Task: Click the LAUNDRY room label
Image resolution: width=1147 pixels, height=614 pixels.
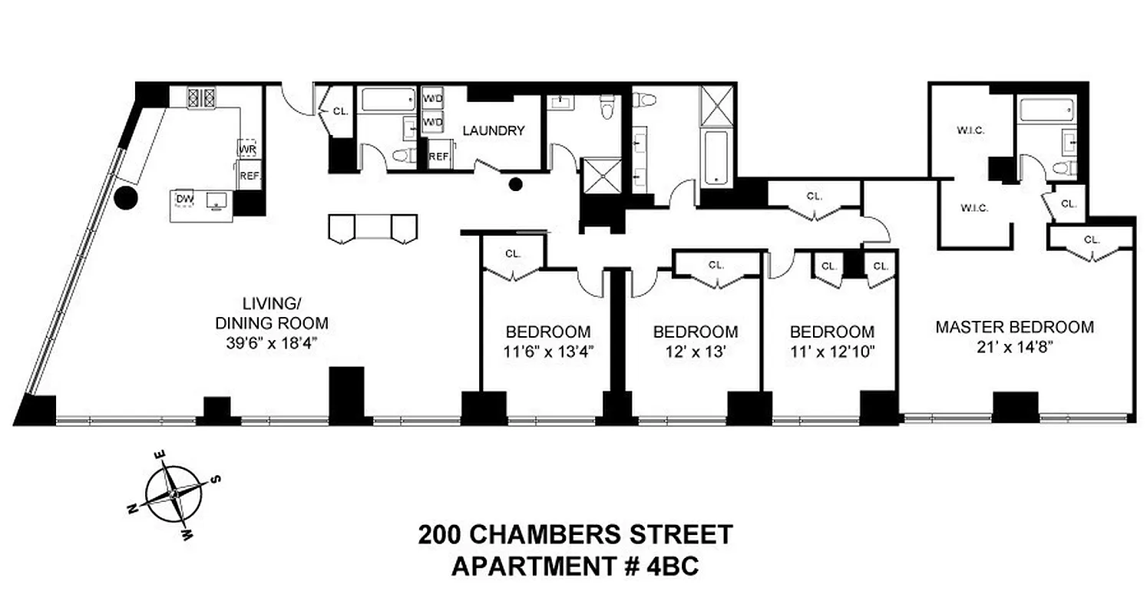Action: pyautogui.click(x=493, y=130)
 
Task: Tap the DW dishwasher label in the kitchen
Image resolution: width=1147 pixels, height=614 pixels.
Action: pyautogui.click(x=183, y=200)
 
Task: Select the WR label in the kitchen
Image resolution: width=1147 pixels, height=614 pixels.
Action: pyautogui.click(x=247, y=148)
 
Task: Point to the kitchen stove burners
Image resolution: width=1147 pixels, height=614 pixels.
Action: pyautogui.click(x=202, y=97)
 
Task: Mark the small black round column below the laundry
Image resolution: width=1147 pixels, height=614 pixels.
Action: pyautogui.click(x=517, y=183)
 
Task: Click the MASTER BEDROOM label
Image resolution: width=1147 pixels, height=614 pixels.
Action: pyautogui.click(x=1013, y=327)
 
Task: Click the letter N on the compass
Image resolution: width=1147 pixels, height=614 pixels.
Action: pyautogui.click(x=132, y=507)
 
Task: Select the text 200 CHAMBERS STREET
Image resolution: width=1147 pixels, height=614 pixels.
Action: pyautogui.click(x=575, y=533)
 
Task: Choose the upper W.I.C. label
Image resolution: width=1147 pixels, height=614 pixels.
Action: pyautogui.click(x=970, y=130)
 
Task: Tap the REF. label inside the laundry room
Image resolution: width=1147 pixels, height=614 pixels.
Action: pyautogui.click(x=438, y=157)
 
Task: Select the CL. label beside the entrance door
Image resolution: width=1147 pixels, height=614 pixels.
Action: pyautogui.click(x=340, y=111)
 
